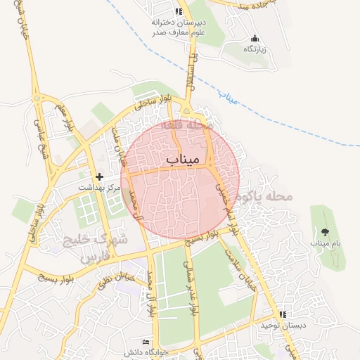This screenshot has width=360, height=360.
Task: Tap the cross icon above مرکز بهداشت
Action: [98, 176]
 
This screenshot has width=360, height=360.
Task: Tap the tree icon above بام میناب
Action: [325, 231]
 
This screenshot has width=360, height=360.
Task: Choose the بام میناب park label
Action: [326, 243]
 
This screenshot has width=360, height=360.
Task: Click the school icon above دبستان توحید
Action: [283, 314]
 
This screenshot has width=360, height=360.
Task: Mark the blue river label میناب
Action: [229, 96]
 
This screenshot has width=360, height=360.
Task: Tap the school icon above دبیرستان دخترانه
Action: [179, 11]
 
